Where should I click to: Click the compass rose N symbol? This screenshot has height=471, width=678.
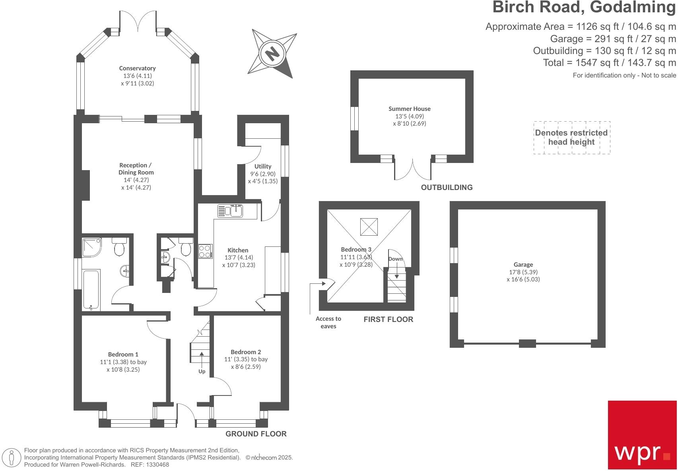coord(272,53)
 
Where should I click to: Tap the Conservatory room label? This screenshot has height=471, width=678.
coord(137,68)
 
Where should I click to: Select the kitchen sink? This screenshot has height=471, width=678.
coord(231,211)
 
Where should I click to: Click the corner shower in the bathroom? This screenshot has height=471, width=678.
coord(92,247)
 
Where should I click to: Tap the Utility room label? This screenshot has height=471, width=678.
coord(263,166)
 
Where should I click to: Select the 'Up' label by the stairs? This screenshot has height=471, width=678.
coord(202,371)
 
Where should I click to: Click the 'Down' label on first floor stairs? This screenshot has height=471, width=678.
coord(395,259)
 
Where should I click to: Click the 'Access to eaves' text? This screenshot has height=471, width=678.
coord(328,322)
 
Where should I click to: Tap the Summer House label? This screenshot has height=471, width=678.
coord(410,109)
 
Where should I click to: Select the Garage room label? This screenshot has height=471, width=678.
coord(523,264)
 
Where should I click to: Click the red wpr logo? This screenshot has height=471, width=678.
coord(642,435)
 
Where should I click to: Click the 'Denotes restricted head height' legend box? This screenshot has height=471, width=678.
coord(571,138)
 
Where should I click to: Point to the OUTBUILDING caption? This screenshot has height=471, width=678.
coord(447,187)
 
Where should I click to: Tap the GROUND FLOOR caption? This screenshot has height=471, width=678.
coord(256,434)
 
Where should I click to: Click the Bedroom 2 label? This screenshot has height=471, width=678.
coord(246,352)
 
